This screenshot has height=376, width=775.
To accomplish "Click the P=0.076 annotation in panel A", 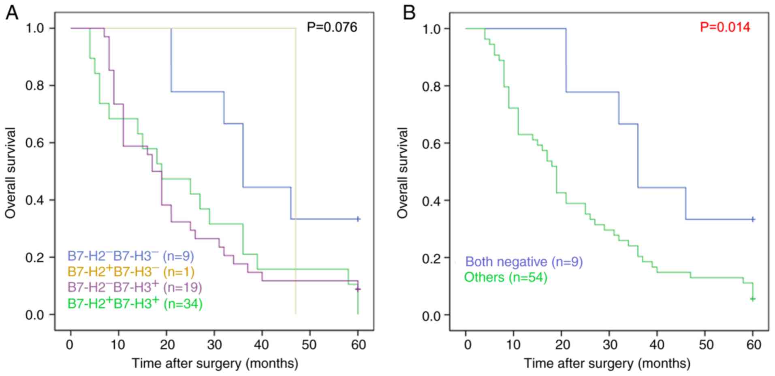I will pos(332,27).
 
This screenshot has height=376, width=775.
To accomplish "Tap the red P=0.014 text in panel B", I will pos(725,27).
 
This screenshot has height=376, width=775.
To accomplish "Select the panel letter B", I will pos(409,13).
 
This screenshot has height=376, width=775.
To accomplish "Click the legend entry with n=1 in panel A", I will pos(131,271).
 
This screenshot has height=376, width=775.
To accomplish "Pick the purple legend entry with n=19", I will pos(135,287).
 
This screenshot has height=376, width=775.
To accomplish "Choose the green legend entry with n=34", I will pos(135,303).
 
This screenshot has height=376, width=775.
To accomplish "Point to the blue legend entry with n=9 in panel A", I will pos(130,256).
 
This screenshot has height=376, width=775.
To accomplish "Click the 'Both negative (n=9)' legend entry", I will pos(524,262).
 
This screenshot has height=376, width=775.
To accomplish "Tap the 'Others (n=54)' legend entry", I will pos(505,278).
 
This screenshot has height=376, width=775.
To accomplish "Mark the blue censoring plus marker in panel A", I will pos(358,219).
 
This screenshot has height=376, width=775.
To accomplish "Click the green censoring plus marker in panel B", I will pos(753,299).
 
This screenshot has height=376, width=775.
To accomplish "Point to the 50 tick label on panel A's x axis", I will pos(310,345).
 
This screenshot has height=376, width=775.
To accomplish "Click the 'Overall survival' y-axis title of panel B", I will pos(403,173).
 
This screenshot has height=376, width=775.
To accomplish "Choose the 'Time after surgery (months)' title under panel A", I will pos(215,363).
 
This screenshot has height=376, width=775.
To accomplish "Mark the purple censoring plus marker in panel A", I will pos(358,289).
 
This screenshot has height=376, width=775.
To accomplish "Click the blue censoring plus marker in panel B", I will pos(753,219).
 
